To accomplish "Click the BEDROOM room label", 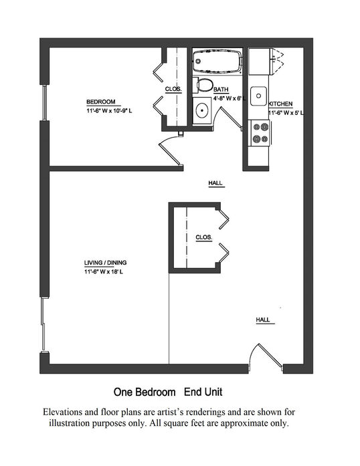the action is [x=101, y=102].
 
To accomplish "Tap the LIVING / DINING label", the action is [x=105, y=263].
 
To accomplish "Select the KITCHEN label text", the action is [x=280, y=104].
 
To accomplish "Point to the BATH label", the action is [x=221, y=90].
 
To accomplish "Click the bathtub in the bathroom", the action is [x=217, y=62].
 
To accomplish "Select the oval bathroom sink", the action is [x=202, y=110].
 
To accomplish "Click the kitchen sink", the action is [x=258, y=96].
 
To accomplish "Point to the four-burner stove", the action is [x=260, y=133].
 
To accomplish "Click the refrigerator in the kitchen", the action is [x=259, y=62].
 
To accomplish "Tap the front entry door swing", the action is [x=266, y=357].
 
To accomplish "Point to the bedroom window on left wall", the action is [x=44, y=102].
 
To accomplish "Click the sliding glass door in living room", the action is [x=43, y=324].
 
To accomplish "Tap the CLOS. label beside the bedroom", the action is [x=173, y=89].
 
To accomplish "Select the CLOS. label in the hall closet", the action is [x=204, y=237].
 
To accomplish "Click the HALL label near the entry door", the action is [x=263, y=320].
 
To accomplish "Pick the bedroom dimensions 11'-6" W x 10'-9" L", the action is [x=109, y=111].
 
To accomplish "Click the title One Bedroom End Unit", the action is [x=168, y=392].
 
